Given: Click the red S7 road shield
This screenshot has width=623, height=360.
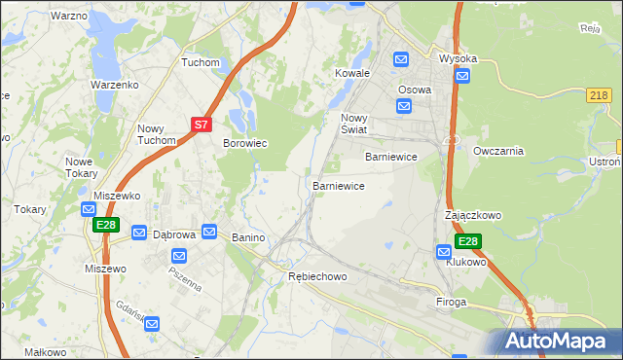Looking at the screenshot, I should tap(201, 125).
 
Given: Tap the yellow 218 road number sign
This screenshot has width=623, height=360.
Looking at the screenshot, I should tap(600, 95).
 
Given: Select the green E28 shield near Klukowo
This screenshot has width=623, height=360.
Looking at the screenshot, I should tap(468, 241).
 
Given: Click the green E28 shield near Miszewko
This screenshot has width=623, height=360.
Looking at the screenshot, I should tap(106, 225).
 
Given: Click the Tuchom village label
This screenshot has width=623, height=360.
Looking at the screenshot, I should tap(202, 62).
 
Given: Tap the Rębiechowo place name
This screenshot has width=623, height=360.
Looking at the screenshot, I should tap(317, 277).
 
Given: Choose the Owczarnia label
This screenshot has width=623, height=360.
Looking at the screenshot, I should tap(498, 151).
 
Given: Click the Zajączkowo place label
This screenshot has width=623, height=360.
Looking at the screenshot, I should tap(473, 214).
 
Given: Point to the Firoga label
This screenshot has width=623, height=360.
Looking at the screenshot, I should tap(453, 303).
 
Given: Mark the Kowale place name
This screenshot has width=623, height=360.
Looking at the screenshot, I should tap(352, 73).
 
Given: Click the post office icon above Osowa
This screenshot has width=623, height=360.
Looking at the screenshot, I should tap(401, 60).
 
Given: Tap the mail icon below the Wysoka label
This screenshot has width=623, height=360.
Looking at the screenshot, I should tap(462, 77).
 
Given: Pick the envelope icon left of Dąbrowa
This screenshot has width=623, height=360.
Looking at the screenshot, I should tap(139, 234).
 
